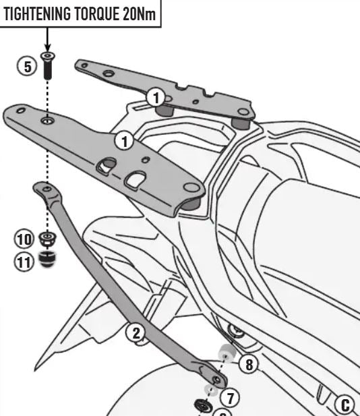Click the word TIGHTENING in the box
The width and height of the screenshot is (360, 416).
pyautogui.click(x=37, y=13)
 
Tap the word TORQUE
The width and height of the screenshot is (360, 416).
pyautogui.click(x=97, y=13)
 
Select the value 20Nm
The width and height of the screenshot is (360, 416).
pyautogui.click(x=140, y=13)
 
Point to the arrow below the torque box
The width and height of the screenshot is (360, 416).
pyautogui.click(x=47, y=39)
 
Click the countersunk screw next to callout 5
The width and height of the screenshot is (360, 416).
pyautogui.click(x=47, y=66)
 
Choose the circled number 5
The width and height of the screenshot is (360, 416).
pyautogui.click(x=28, y=67)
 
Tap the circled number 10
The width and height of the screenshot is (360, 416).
pyautogui.click(x=24, y=239)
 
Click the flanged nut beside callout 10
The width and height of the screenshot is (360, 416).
pyautogui.click(x=47, y=239)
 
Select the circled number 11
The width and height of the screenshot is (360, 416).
pyautogui.click(x=24, y=262)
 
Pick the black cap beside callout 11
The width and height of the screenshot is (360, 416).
pyautogui.click(x=47, y=259)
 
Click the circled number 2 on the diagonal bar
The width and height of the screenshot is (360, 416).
pyautogui.click(x=136, y=332)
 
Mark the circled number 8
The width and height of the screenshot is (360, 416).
pyautogui.click(x=249, y=364)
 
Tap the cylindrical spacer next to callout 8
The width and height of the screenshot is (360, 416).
pyautogui.click(x=227, y=353)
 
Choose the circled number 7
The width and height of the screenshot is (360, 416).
pyautogui.click(x=230, y=398)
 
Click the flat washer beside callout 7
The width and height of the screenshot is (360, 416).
pyautogui.click(x=211, y=390)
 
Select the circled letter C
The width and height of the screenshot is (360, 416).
pyautogui.click(x=344, y=405)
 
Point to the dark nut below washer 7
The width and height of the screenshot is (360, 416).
pyautogui.click(x=203, y=406)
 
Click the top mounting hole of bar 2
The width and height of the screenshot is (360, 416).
pyautogui.click(x=47, y=189)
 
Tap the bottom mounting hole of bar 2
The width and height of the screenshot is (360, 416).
pyautogui.click(x=217, y=380)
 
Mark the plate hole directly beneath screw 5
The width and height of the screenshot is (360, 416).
pyautogui.click(x=47, y=121)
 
